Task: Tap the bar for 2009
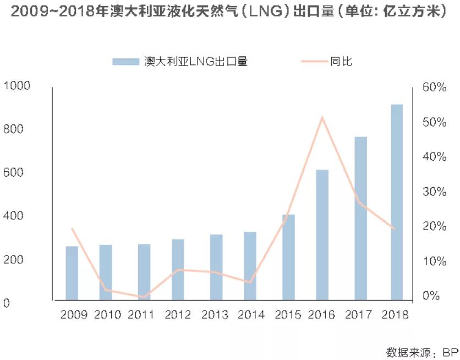(72, 273)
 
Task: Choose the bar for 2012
(178, 270)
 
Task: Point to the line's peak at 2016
(322, 117)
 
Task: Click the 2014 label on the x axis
(251, 315)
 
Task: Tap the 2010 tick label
(107, 315)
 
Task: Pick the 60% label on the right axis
(435, 87)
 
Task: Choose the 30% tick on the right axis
(435, 192)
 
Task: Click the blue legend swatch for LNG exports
(125, 62)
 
